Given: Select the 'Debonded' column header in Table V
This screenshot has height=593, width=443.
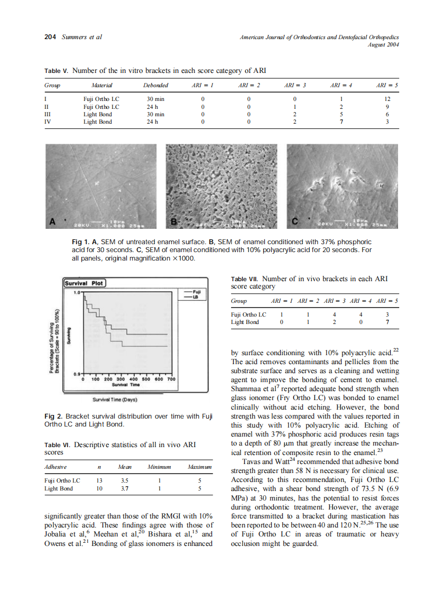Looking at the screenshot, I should pyautogui.click(x=155, y=85).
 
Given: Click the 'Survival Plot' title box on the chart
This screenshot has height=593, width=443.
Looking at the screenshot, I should pyautogui.click(x=84, y=283).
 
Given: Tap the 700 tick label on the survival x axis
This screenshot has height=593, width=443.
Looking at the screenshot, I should pyautogui.click(x=171, y=379).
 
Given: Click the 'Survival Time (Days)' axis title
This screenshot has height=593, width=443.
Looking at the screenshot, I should pyautogui.click(x=115, y=400).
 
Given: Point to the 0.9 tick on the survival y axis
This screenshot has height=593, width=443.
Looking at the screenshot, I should pyautogui.click(x=77, y=374).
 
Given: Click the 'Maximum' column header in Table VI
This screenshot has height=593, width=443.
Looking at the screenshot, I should pyautogui.click(x=199, y=467).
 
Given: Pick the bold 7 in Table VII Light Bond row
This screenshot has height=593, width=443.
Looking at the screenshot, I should pyautogui.click(x=389, y=322).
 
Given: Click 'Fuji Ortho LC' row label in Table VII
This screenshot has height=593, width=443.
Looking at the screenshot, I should pyautogui.click(x=248, y=314).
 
